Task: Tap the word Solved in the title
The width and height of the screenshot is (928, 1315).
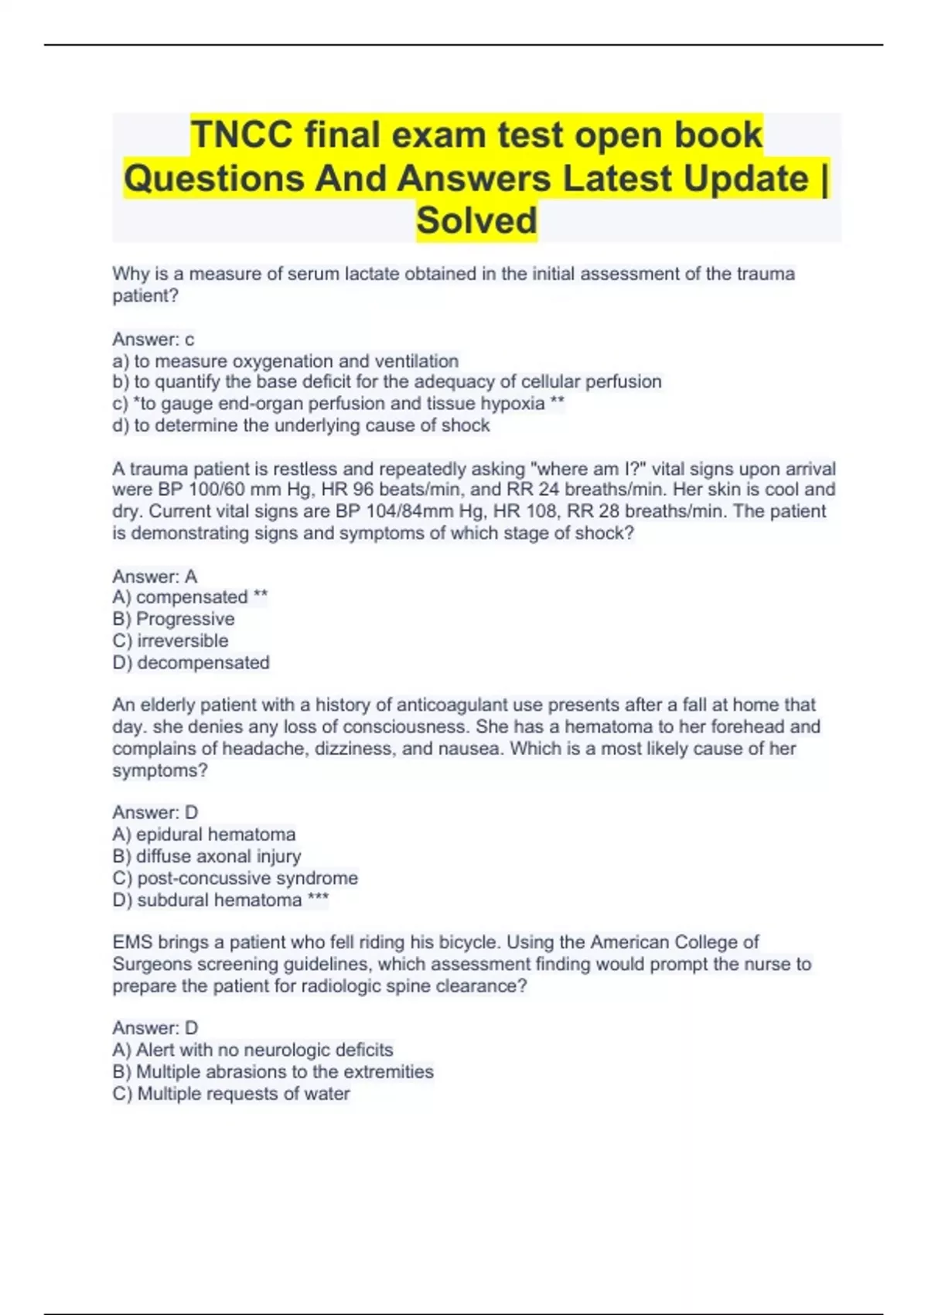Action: tap(476, 220)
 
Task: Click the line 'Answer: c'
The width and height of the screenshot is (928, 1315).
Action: tap(153, 339)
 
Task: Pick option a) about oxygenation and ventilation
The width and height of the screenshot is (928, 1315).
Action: tap(285, 360)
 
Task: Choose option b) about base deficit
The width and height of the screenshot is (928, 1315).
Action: tap(387, 381)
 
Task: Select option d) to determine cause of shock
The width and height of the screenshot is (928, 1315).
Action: tap(301, 425)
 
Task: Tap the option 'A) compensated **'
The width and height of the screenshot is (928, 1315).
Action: tap(190, 597)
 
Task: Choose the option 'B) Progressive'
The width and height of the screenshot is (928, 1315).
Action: tap(173, 619)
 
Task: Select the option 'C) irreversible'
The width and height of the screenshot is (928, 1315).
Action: tap(170, 640)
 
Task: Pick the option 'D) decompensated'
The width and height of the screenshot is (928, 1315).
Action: tap(191, 662)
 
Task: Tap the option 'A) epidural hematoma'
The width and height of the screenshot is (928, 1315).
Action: tap(204, 834)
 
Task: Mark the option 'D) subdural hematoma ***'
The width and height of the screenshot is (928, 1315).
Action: tap(220, 900)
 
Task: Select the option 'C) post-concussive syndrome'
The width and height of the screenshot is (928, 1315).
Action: tap(235, 878)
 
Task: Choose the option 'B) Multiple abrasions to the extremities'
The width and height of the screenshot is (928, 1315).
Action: tap(273, 1071)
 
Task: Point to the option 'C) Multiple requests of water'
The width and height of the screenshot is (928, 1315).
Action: tap(231, 1093)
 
